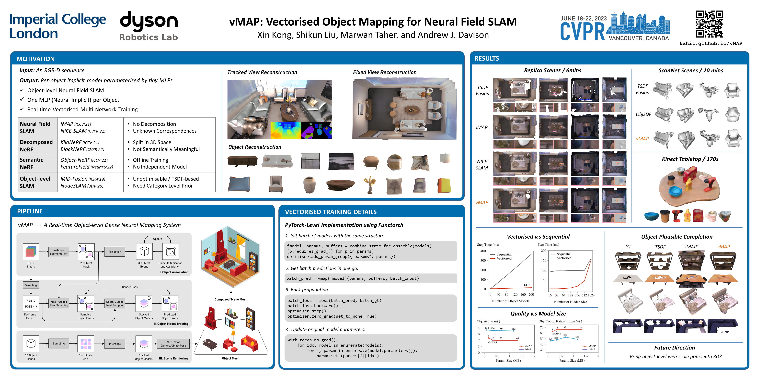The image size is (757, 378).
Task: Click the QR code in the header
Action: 709,24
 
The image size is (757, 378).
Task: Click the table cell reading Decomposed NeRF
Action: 36,146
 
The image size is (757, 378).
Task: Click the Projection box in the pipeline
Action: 115,252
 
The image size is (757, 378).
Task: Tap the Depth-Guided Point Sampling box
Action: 115,304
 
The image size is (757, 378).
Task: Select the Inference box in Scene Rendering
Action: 115,344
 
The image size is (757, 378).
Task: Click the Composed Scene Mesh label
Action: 231,299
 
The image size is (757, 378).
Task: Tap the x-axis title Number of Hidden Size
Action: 570,302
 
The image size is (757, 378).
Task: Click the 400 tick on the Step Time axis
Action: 483,251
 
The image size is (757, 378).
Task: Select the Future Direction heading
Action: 674,347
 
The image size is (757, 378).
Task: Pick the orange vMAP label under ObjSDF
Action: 642,139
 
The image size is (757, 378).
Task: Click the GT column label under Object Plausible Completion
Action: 628,247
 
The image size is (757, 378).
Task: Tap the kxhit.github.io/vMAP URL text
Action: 711,43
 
